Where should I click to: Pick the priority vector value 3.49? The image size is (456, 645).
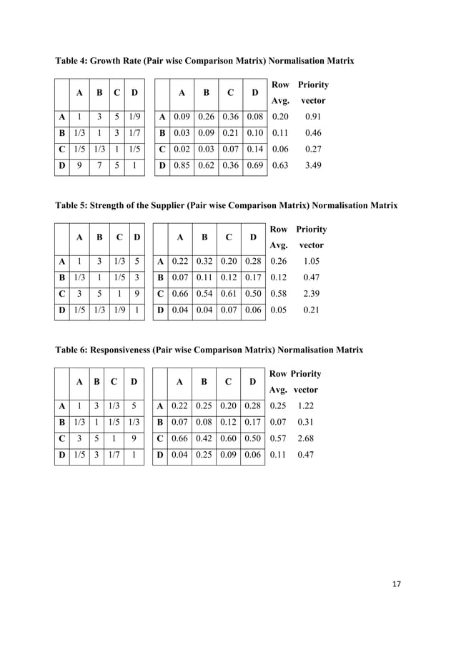tap(313, 167)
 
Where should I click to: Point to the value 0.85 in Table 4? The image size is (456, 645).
tap(182, 167)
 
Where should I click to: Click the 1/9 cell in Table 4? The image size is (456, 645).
tap(134, 117)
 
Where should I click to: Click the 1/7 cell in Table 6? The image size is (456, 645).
tap(110, 454)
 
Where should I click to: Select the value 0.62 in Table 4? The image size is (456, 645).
tap(205, 167)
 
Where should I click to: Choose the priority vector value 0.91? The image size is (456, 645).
tap(313, 117)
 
